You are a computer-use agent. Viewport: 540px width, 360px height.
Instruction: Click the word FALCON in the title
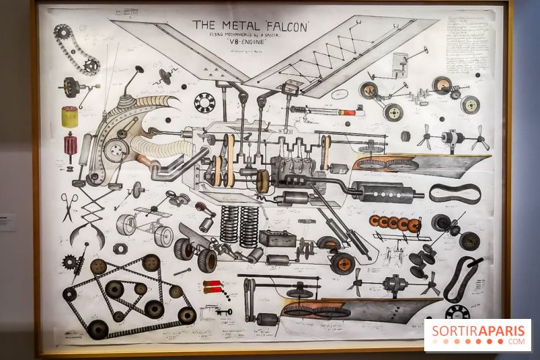pos(283,25)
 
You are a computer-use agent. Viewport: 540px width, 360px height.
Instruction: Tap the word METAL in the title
pos(237,25)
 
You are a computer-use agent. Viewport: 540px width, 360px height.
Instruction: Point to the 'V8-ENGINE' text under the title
pos(249,43)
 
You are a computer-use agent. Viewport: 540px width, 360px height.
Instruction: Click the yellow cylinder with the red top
pos(70,117)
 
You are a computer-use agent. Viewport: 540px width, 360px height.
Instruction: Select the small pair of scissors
pos(68,206)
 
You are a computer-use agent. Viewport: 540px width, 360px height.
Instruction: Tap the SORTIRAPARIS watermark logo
pos(477,334)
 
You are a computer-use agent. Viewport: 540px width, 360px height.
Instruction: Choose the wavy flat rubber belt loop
pos(454,194)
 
